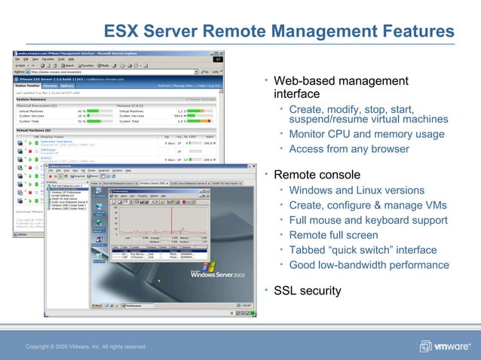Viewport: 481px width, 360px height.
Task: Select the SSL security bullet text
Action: (307, 291)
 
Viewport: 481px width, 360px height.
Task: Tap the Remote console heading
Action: (317, 175)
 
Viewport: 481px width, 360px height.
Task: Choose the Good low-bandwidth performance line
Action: (369, 264)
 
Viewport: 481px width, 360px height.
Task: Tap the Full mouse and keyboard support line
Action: (368, 220)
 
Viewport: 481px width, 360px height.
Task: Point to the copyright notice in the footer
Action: (86, 346)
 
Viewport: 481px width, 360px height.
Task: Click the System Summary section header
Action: (33, 98)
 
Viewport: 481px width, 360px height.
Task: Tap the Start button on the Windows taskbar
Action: (97, 306)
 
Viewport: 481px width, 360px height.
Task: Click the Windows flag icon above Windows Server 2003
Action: (209, 265)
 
